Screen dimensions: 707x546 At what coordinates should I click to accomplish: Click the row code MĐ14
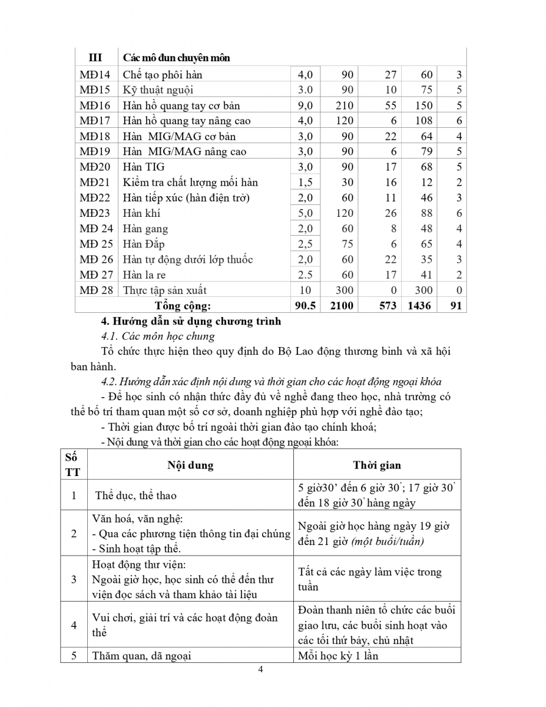point(95,75)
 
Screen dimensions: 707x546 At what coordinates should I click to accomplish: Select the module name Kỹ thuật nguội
point(158,90)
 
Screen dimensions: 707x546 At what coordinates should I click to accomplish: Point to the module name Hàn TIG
point(144,167)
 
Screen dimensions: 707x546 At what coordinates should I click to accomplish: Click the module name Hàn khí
point(141,213)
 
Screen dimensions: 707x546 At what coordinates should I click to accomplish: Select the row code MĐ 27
point(97,275)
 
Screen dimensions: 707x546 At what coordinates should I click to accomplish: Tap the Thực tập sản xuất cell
point(165,290)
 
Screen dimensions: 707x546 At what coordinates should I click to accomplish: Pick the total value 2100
point(341,305)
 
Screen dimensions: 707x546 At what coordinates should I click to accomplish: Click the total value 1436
point(419,305)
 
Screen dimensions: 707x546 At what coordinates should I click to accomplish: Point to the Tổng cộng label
point(183,305)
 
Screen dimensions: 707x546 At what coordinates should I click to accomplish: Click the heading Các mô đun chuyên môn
point(176,58)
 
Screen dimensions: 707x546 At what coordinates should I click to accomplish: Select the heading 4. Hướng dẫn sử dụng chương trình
point(191,322)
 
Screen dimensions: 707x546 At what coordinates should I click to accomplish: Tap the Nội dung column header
point(190,465)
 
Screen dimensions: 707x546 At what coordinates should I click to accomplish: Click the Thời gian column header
point(377,465)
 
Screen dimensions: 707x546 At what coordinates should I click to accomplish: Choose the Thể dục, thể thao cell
point(136,495)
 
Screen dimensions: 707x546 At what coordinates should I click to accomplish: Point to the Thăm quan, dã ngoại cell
point(141,655)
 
